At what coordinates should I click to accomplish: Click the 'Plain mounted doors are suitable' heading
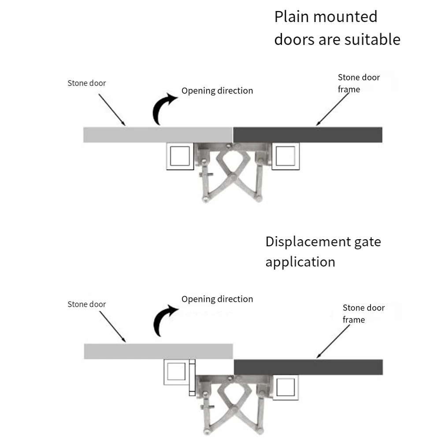click(337, 28)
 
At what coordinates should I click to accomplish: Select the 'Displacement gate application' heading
click(323, 252)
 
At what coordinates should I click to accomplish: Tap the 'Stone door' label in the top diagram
click(87, 83)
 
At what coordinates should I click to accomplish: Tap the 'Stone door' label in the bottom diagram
click(87, 304)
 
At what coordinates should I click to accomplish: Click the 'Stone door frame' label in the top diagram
click(359, 83)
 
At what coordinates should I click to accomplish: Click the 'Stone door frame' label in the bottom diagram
click(363, 314)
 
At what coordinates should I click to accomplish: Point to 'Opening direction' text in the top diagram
click(217, 91)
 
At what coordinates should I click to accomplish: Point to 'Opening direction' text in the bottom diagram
click(217, 299)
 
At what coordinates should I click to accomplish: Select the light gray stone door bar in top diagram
click(158, 135)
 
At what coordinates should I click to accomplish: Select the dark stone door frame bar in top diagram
click(308, 135)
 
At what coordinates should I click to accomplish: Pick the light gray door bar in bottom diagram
click(158, 351)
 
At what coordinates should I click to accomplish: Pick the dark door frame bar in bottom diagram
click(308, 367)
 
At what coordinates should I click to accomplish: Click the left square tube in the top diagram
click(180, 156)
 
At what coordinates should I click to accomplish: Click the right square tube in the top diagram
click(285, 156)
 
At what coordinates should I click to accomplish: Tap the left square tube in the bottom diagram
click(176, 372)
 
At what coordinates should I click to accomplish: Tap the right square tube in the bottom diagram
click(285, 387)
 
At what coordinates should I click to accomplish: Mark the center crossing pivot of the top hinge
click(232, 177)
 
